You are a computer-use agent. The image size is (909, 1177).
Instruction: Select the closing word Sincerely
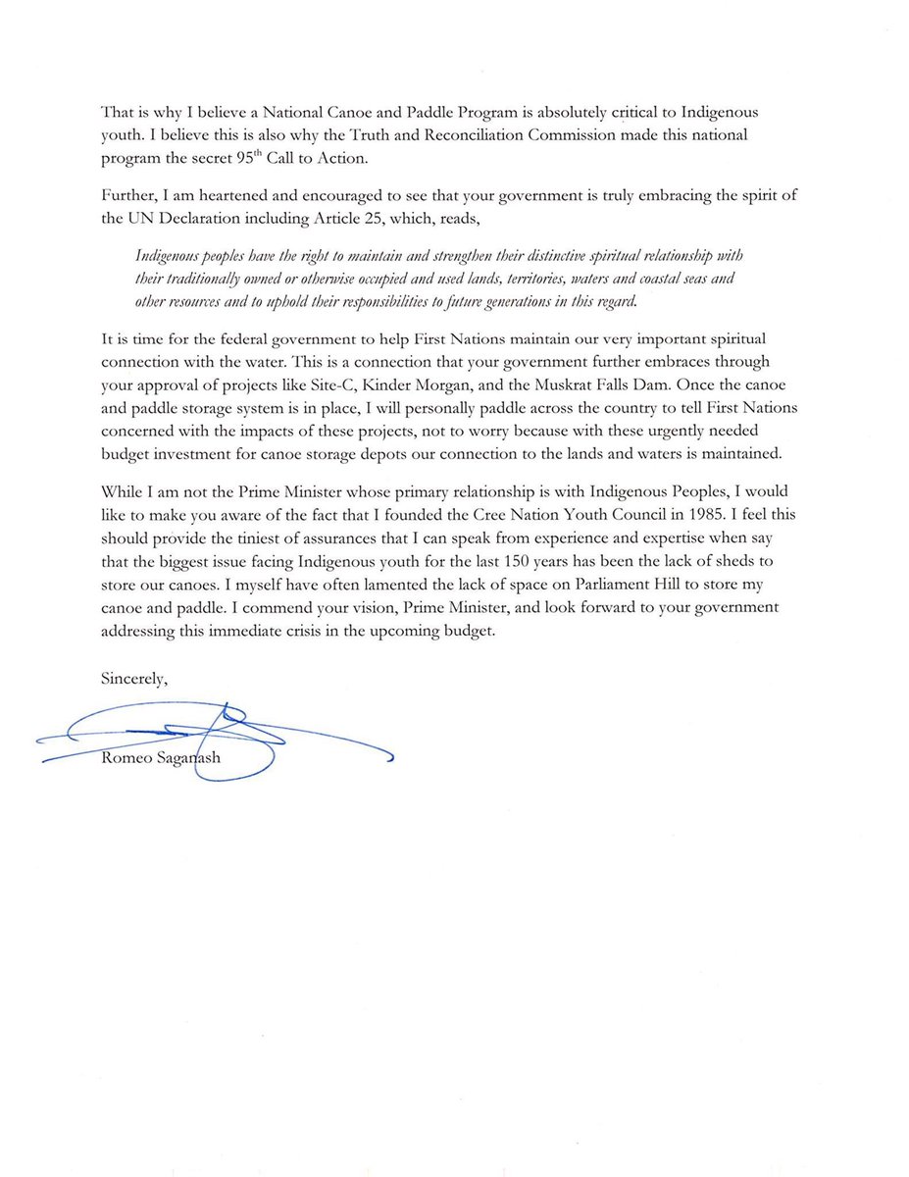click(134, 676)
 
